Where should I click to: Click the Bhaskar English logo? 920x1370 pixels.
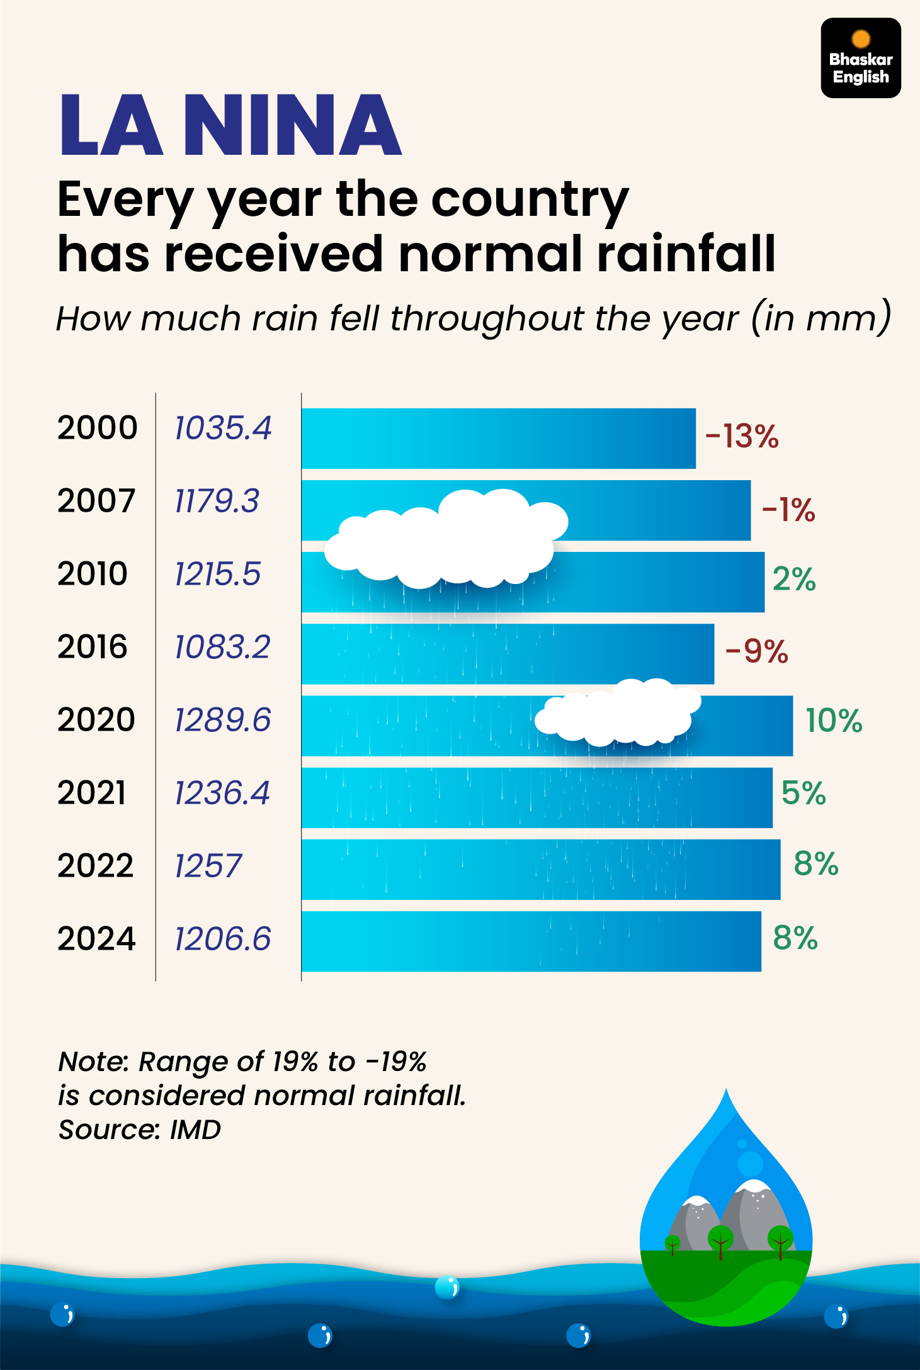860,58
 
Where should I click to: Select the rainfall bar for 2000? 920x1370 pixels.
498,439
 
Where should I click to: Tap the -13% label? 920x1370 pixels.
742,436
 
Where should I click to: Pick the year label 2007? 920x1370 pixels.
96,501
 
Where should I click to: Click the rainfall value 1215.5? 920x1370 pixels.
217,574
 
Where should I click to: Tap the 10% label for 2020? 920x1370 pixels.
834,721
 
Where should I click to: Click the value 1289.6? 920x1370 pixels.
222,720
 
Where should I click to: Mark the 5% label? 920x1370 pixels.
804,793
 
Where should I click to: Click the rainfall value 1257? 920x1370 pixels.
208,866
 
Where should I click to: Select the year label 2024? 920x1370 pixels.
96,939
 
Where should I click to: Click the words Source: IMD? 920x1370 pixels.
140,1130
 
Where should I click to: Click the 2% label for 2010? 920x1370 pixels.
794,579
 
